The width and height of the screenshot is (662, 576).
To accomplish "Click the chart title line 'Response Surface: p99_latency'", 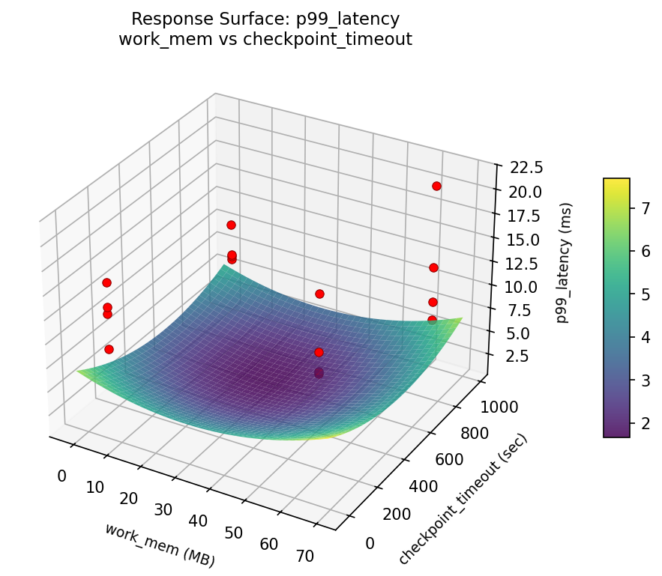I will coord(265,19).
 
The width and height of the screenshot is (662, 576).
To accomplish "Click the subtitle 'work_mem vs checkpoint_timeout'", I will coord(265,40).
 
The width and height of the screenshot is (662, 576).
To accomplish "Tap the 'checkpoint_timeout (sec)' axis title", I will coord(463,500).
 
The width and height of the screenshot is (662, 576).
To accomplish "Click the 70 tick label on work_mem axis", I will coord(304,556).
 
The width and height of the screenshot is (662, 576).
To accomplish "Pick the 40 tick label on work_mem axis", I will coord(199,521).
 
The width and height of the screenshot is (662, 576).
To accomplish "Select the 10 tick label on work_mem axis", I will coord(94,488).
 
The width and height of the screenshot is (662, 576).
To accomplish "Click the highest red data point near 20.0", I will coord(436,186).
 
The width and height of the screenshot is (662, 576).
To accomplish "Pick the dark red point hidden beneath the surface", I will coord(319,373).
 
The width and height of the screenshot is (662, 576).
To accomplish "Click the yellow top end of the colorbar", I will coord(616,182).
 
